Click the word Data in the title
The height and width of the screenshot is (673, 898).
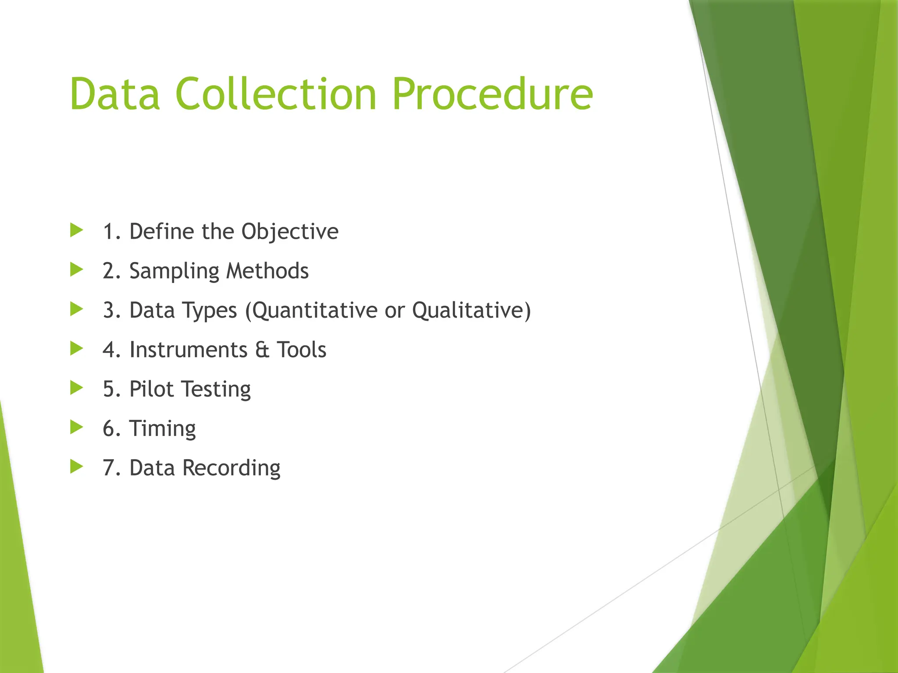click(115, 94)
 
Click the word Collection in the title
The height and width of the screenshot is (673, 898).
click(276, 94)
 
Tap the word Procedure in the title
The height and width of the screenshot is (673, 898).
click(492, 94)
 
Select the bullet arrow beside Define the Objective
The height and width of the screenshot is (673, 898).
click(76, 230)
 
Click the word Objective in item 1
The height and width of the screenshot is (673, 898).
click(290, 232)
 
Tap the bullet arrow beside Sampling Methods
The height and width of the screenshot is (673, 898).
click(76, 270)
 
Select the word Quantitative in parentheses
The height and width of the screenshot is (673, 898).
click(314, 310)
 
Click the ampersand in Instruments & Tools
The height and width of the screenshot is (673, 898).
click(262, 350)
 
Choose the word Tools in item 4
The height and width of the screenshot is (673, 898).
click(301, 350)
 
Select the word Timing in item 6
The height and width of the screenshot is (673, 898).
click(162, 429)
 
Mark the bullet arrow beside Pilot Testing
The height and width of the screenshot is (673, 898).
click(76, 388)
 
